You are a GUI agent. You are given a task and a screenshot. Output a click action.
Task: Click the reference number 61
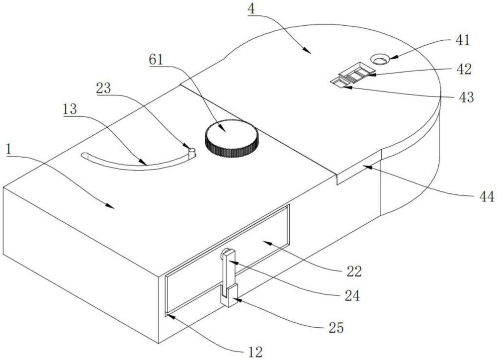point(156,59)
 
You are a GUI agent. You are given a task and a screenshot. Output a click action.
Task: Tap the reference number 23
point(104,88)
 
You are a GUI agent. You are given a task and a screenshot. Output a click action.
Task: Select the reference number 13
point(70,109)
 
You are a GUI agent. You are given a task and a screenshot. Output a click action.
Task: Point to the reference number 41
point(462,40)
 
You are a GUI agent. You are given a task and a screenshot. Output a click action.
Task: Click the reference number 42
point(464,69)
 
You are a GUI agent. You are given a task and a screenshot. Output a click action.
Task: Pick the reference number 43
point(466,97)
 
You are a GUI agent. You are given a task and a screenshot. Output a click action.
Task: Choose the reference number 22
point(354,271)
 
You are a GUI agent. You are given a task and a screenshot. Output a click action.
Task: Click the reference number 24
point(352,296)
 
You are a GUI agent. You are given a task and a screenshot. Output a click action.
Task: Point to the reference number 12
point(255,352)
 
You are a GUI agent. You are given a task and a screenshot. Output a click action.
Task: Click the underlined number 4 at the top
point(251,9)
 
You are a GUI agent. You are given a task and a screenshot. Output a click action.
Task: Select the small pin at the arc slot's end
point(192,152)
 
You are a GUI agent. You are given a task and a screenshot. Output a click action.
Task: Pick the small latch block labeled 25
point(229,295)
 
